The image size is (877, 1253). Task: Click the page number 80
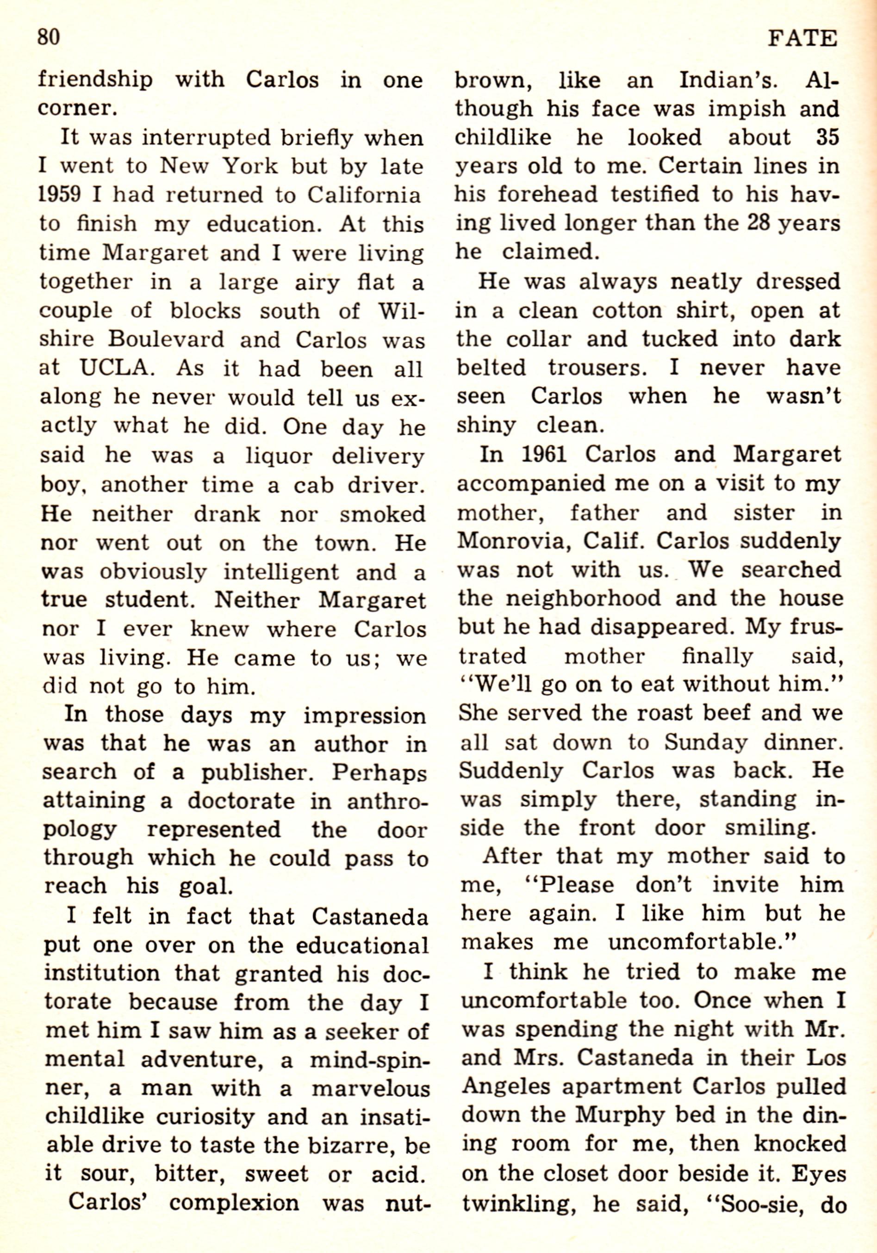(48, 38)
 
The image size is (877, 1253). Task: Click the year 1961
(547, 455)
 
